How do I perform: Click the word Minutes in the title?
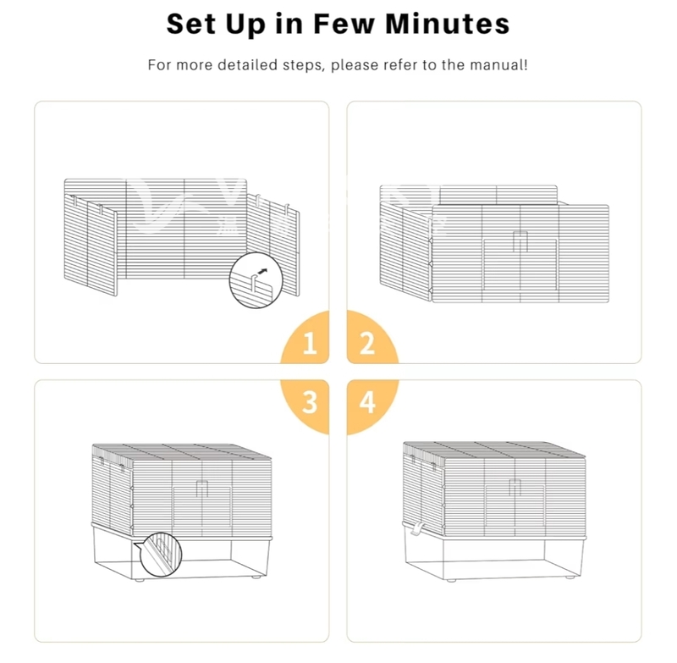(x=448, y=24)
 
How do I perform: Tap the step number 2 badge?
(x=371, y=338)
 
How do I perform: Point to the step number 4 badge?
(x=371, y=406)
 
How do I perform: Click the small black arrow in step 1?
(x=262, y=271)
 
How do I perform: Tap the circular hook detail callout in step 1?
(x=256, y=280)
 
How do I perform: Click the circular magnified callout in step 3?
(x=161, y=555)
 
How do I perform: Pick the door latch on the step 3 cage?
(x=202, y=489)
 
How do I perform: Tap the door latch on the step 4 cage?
(x=515, y=487)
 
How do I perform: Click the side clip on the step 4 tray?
(x=417, y=528)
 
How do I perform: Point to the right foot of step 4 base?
(x=570, y=577)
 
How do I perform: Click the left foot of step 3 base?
(x=139, y=579)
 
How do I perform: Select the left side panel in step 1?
(x=91, y=245)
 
